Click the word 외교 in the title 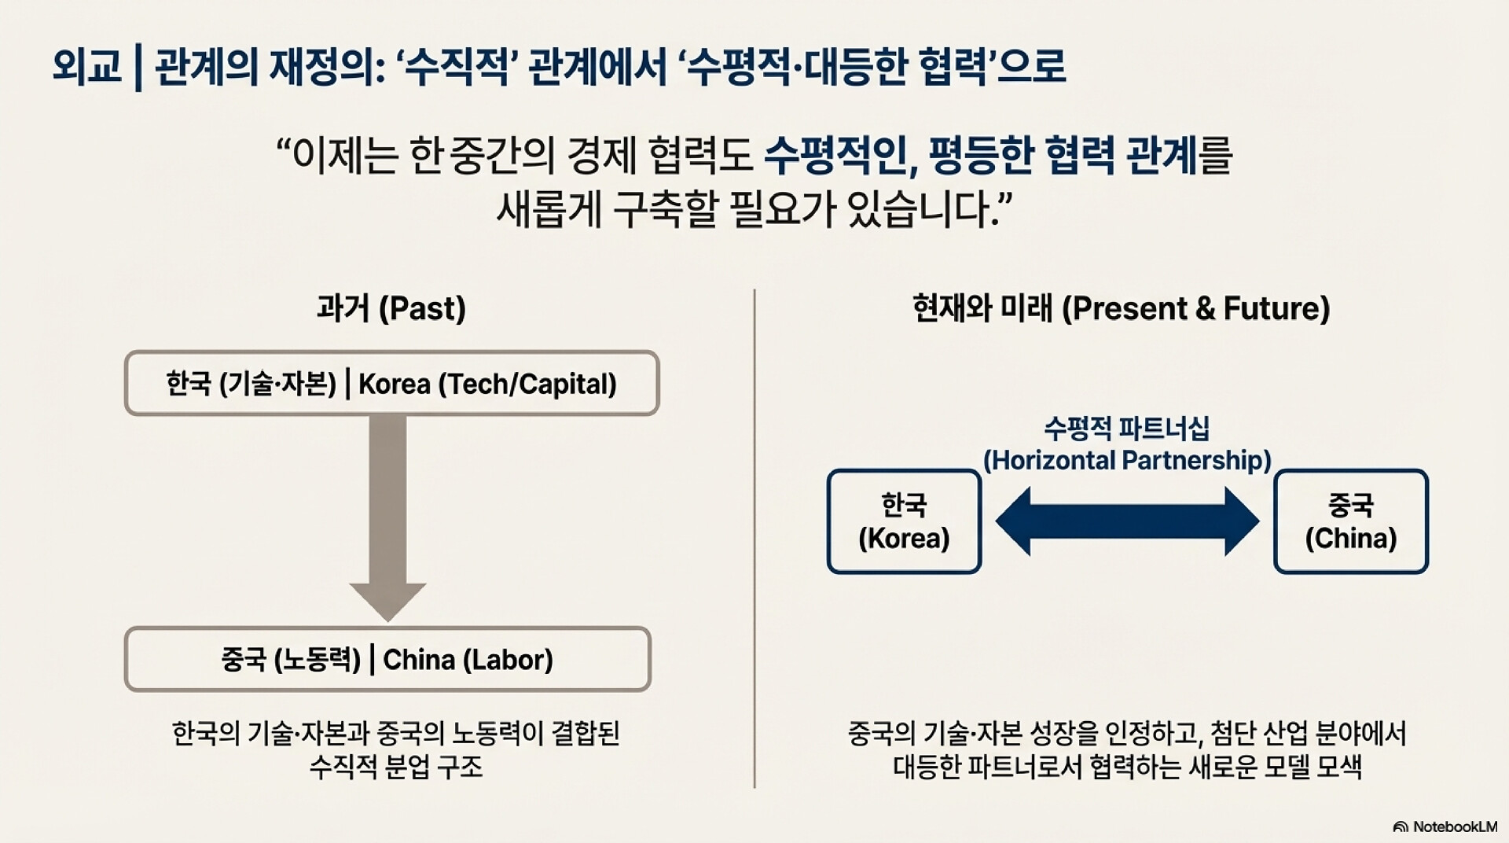click(x=86, y=66)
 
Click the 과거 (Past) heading click(x=391, y=308)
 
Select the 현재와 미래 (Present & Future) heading click(x=1121, y=308)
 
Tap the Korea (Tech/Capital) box click(x=391, y=384)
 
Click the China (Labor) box click(x=387, y=659)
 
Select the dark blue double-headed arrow click(x=1127, y=521)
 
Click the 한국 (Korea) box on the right click(x=904, y=521)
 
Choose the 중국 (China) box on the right click(x=1350, y=521)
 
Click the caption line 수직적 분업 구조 click(x=395, y=767)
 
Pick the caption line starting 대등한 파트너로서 click(x=1127, y=767)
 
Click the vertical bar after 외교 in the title click(x=138, y=68)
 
